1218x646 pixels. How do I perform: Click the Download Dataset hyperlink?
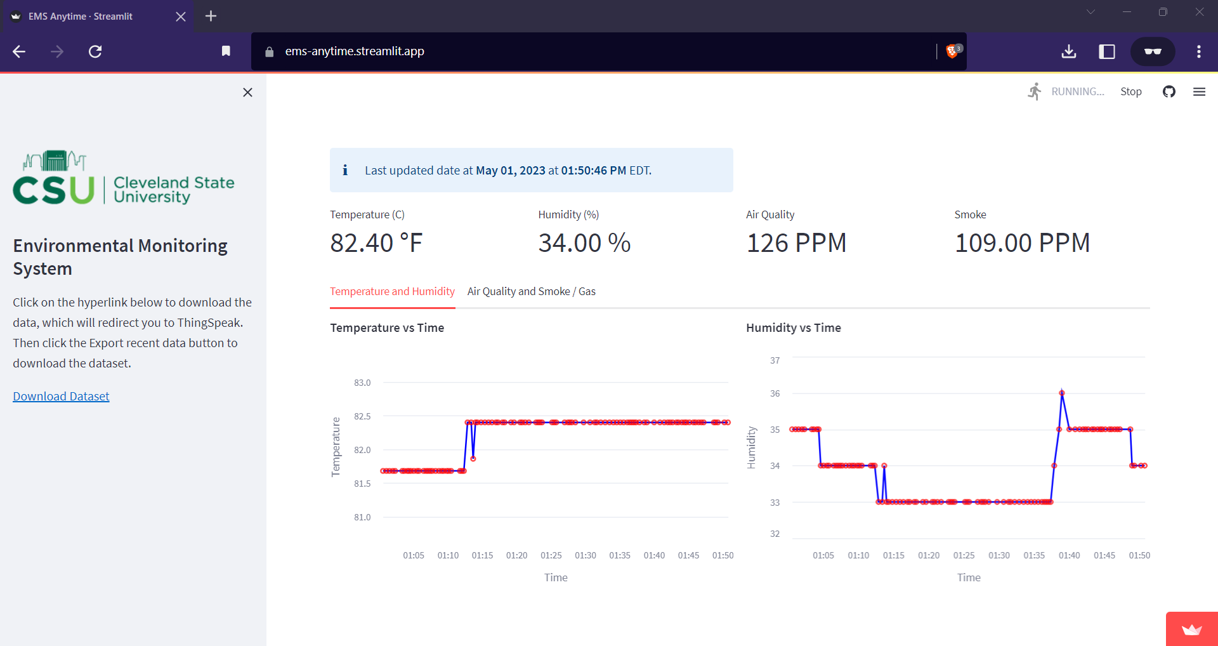point(61,396)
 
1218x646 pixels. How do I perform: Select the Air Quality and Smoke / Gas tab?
point(531,291)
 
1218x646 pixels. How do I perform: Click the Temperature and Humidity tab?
point(392,291)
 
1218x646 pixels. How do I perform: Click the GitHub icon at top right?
point(1169,91)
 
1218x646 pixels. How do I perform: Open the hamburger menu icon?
point(1199,91)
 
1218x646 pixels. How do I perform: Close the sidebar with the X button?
point(247,93)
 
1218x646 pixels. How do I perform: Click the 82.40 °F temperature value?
point(376,243)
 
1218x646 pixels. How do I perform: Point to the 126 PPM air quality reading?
point(796,243)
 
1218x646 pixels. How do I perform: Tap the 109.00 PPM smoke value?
point(1022,243)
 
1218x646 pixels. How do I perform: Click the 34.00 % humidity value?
point(584,243)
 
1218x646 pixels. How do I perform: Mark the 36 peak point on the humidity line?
point(1062,393)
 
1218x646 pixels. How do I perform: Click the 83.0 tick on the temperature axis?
point(362,383)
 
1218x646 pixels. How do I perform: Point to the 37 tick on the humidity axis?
point(775,360)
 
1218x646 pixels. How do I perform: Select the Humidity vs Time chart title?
point(793,327)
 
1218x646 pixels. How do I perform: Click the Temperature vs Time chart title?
point(387,327)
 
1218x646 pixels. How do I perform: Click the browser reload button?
point(95,51)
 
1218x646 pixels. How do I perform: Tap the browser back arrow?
point(19,51)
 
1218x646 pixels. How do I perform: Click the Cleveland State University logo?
point(124,178)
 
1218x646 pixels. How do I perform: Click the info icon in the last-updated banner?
point(345,170)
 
